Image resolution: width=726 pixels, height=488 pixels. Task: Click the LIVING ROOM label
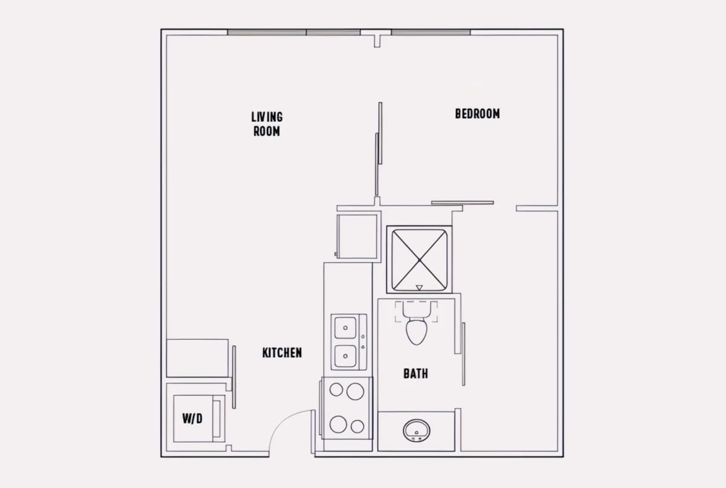pos(267,124)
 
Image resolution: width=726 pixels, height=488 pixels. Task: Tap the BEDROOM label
pos(477,114)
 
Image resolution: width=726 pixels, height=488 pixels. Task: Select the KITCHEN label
pos(282,353)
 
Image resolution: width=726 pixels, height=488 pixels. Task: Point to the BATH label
pos(416,374)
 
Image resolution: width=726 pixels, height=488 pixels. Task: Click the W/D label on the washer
pos(192,418)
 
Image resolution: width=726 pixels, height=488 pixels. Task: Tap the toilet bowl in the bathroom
pos(416,332)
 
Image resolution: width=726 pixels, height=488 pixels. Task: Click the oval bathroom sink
pos(416,430)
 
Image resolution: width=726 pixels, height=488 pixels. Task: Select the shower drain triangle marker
pos(419,288)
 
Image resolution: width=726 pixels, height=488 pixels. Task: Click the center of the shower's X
pos(419,260)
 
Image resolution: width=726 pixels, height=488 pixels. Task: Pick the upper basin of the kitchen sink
pos(345,328)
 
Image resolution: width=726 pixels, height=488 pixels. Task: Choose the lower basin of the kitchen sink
pos(345,356)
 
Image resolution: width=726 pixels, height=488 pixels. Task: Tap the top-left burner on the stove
pos(336,389)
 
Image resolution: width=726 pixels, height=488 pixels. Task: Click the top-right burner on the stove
pos(355,391)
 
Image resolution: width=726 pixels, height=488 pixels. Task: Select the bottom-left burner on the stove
pos(338,424)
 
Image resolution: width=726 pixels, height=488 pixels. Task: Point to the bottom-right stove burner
pos(357,426)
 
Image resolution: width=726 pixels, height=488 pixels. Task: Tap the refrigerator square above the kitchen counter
pos(357,236)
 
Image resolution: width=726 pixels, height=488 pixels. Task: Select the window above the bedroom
pos(431,33)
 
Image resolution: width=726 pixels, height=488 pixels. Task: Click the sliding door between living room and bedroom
pos(379,149)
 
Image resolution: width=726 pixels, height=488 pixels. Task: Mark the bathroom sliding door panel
pos(463,354)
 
